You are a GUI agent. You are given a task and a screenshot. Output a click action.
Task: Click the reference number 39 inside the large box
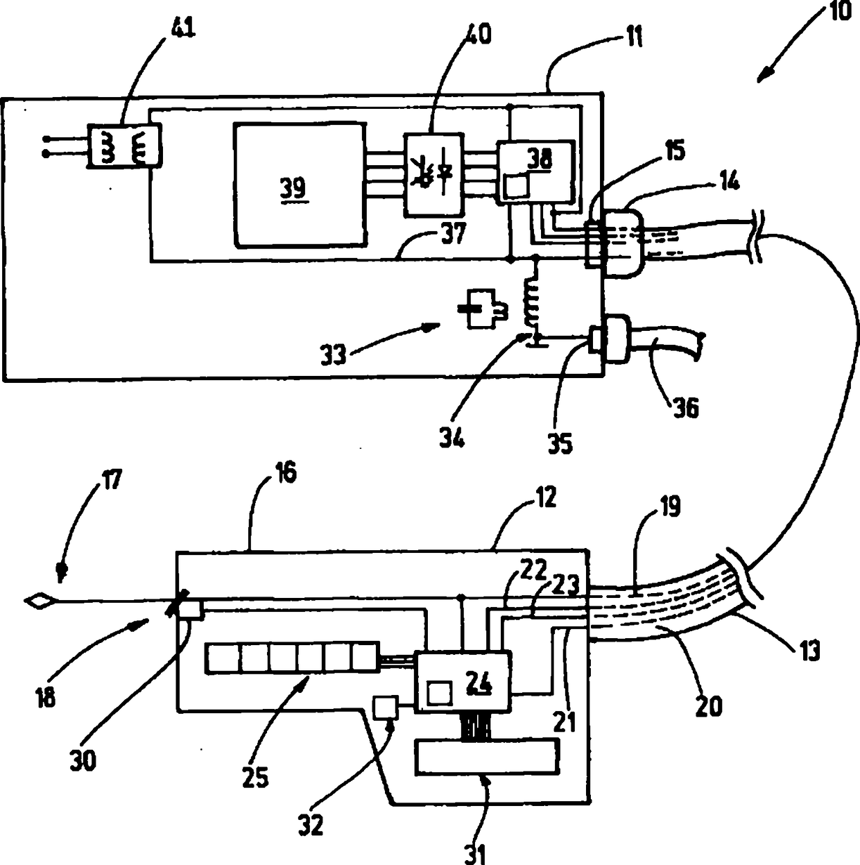pos(294,188)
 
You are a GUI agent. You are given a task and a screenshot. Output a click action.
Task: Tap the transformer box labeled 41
pos(124,146)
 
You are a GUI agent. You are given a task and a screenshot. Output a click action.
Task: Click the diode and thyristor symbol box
pos(434,175)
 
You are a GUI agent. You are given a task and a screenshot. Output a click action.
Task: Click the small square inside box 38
pos(516,185)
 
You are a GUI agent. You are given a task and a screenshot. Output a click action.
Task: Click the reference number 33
pos(334,355)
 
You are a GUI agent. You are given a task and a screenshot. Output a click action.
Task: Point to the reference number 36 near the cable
pos(685,408)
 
